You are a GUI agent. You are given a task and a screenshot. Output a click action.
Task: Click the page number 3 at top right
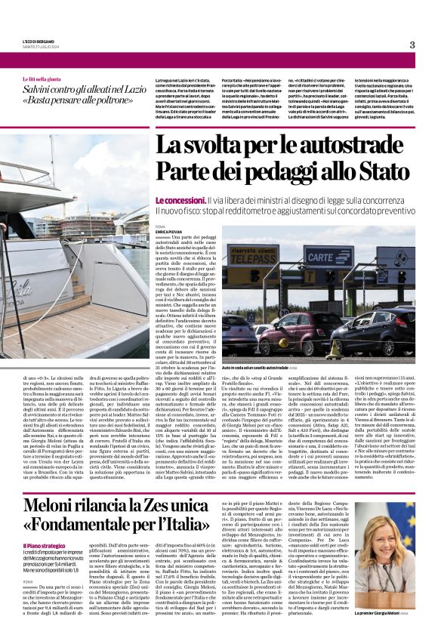click(412, 45)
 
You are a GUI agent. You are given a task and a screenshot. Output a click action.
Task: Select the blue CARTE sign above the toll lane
click(329, 257)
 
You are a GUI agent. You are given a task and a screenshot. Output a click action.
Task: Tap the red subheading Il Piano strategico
click(45, 545)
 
